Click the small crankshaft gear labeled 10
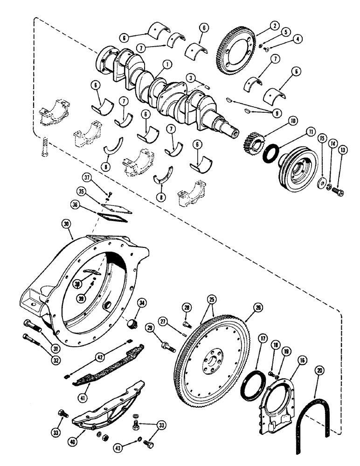[252, 139]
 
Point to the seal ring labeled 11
[270, 153]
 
